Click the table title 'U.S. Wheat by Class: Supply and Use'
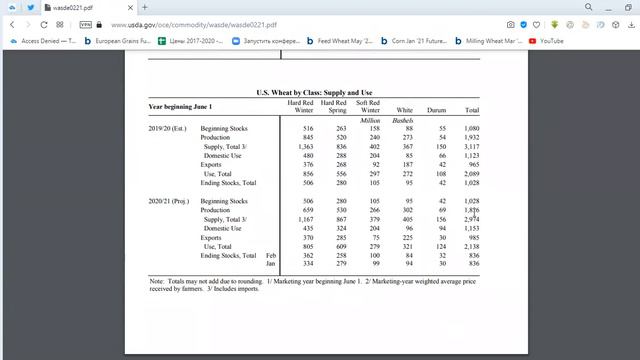coord(314,92)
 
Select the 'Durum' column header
coord(436,110)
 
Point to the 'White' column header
coord(404,110)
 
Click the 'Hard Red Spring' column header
coord(334,106)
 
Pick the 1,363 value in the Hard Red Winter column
coord(305,147)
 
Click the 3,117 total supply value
coord(471,147)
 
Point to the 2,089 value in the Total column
coord(471,174)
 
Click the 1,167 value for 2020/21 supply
coord(305,219)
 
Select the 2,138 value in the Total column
coord(471,246)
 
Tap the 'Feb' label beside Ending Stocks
coord(272,255)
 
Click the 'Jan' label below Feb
coord(272,264)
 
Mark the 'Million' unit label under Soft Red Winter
coord(370,120)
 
